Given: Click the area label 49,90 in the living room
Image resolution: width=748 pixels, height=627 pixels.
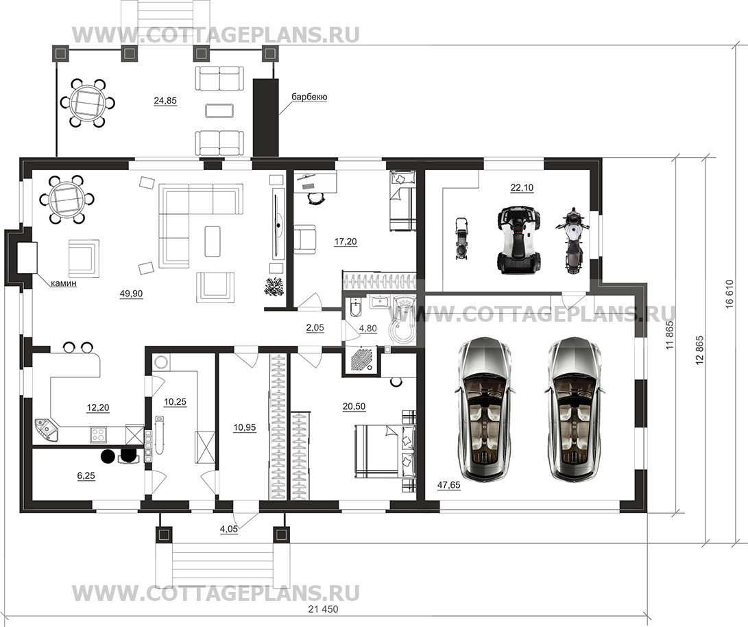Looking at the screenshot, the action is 131,294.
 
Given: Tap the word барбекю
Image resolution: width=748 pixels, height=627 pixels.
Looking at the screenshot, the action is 310,97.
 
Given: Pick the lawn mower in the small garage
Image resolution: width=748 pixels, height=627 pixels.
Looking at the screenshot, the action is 461,239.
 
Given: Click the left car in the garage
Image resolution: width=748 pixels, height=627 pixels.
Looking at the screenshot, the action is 485,408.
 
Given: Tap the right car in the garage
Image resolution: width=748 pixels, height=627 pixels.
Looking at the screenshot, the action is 572,408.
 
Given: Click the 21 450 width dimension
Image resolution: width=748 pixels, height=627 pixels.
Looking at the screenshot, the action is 323,609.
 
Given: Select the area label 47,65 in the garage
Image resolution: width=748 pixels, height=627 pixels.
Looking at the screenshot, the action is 449,485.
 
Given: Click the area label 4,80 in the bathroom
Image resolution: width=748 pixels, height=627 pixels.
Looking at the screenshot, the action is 367,329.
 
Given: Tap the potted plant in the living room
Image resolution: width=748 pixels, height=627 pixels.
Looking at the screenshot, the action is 274,285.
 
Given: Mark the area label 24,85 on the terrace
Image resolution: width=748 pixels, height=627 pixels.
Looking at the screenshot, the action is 165,100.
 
